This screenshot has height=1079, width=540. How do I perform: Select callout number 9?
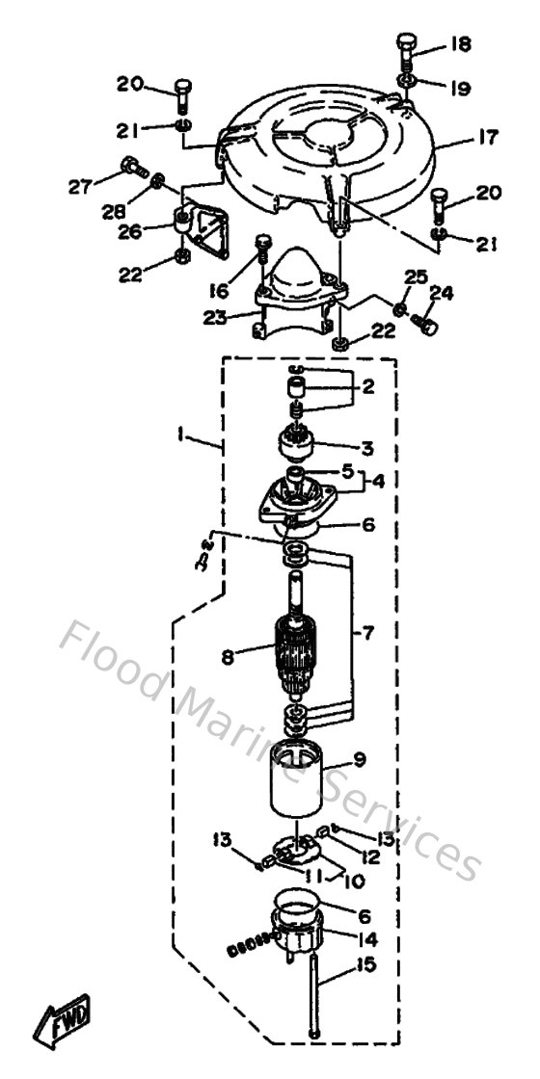click(360, 759)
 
